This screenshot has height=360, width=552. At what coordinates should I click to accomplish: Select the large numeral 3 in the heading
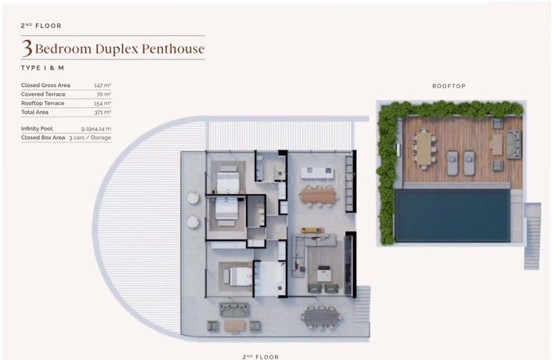(27, 49)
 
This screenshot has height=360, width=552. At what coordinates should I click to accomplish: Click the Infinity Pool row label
(37, 128)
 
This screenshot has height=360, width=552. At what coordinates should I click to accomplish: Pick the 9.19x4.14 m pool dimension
(96, 128)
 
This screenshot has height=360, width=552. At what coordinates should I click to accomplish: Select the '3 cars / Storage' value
(90, 138)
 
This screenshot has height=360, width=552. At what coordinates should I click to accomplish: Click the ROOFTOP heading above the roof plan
(449, 86)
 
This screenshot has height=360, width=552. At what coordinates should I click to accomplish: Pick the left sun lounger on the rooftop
(453, 164)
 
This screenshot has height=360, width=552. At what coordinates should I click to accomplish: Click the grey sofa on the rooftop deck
(514, 144)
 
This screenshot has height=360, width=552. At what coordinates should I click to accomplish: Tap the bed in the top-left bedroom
(229, 175)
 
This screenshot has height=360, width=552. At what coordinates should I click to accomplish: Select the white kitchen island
(318, 171)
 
